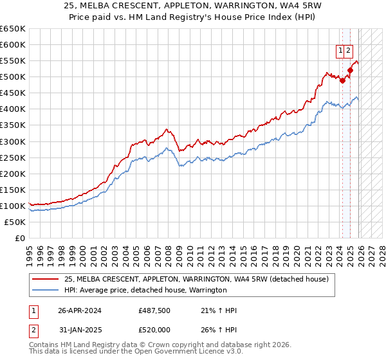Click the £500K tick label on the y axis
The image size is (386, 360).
(13, 77)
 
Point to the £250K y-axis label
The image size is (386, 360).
(13, 157)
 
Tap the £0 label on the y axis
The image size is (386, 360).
(19, 238)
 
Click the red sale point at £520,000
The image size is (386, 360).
(351, 71)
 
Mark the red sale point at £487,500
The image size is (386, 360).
(342, 81)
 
